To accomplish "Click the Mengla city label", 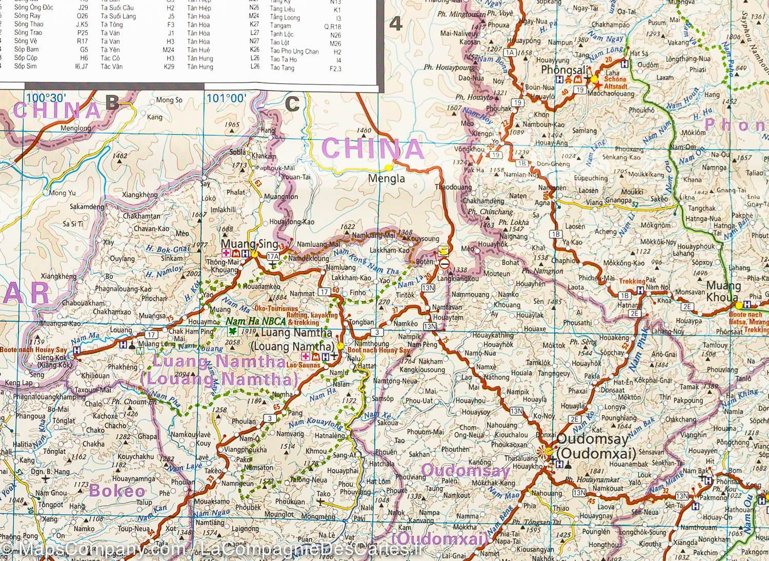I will coord(387,179).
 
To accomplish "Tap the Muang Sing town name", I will coord(242,244).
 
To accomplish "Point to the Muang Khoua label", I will coord(723,291).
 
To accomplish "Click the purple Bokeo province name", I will coord(117,491).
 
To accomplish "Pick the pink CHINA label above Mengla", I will coord(372,149).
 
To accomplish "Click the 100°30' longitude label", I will coord(46,98).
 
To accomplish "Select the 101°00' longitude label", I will coord(225,98).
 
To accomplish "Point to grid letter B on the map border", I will coord(112,103).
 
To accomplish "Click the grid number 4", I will coord(397,24).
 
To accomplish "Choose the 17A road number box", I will coord(273,256).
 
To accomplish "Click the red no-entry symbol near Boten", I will coord(444,263).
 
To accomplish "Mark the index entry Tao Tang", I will coord(282,68).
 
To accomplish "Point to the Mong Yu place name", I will coord(63,193).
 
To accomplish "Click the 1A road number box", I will coord(509,52).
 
